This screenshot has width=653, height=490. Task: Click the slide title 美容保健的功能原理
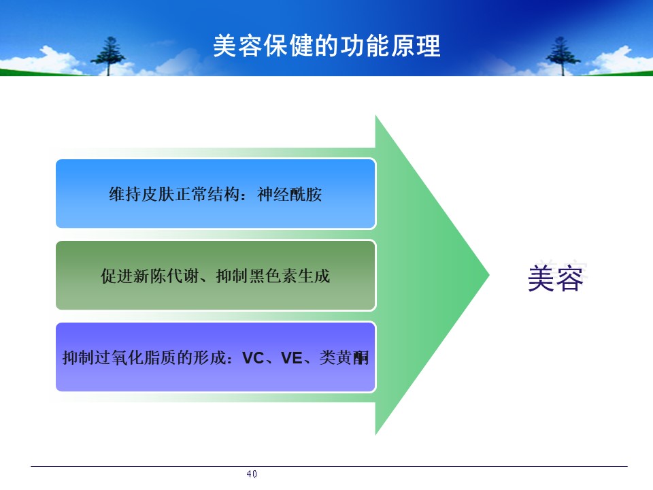tap(326, 46)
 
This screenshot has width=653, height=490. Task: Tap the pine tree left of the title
tap(108, 56)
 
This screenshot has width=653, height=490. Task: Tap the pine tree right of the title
tap(563, 56)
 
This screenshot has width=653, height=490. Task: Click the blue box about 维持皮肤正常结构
tap(216, 194)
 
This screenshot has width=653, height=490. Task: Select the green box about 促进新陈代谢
tap(216, 276)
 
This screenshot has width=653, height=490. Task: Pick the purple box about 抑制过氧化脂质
tap(216, 357)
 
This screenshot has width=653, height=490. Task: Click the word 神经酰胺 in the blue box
tap(290, 194)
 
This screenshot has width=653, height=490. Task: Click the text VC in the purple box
tap(253, 358)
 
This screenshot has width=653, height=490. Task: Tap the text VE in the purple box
tap(292, 358)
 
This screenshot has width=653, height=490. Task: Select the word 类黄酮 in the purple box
tap(344, 357)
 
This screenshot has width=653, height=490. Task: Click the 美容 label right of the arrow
tap(556, 278)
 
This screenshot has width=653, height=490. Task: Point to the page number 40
tap(252, 474)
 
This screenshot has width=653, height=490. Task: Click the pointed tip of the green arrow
tap(489, 274)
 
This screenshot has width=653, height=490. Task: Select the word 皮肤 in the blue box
tap(158, 194)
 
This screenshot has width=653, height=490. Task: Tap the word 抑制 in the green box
tap(233, 276)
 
